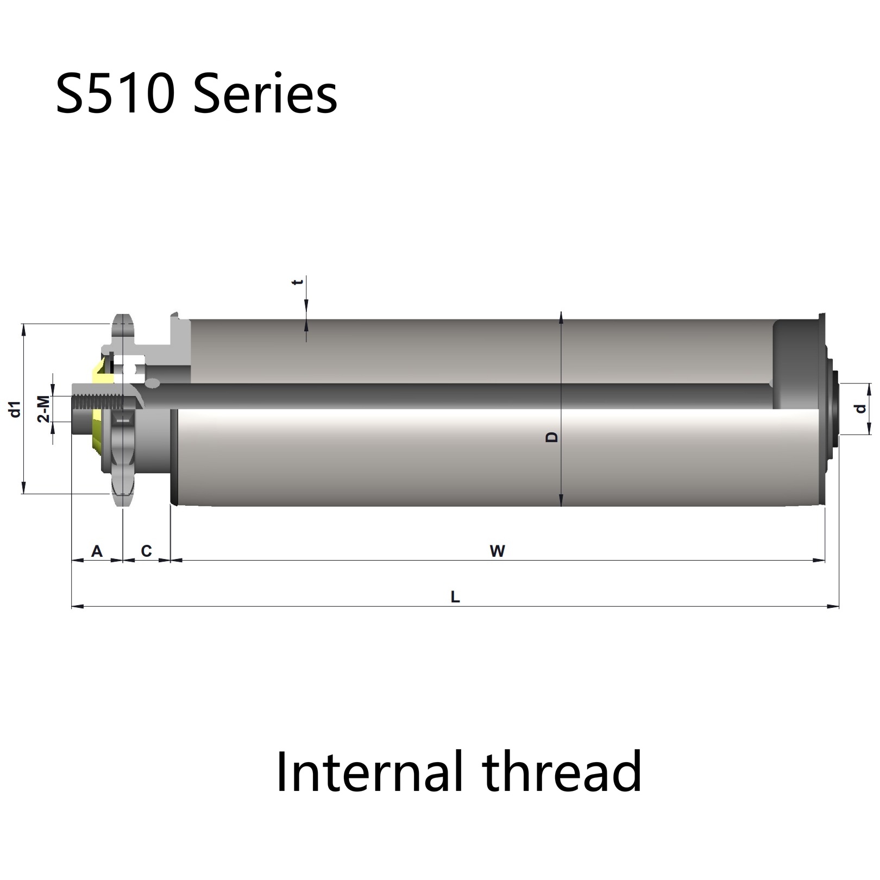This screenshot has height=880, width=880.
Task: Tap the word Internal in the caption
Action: pos(370,771)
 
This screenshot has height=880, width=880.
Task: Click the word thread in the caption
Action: pos(562,771)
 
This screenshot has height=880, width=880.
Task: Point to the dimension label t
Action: pos(297,282)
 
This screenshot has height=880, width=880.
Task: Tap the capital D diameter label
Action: pos(551,437)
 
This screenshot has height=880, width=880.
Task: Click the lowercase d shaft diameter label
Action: pos(860,408)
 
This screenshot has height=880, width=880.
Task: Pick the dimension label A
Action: pos(97,551)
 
